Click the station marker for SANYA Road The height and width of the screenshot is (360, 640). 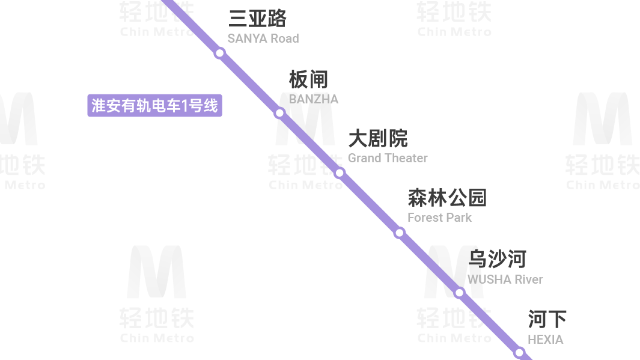pos(220,53)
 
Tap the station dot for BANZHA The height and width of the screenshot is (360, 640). pos(279,112)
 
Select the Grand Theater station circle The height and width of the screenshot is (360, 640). pos(340,173)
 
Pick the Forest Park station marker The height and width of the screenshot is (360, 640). pos(399,233)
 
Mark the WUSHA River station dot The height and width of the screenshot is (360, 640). pos(459,293)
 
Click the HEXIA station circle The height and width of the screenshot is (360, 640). pos(519,352)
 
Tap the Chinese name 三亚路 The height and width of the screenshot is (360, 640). pos(257,19)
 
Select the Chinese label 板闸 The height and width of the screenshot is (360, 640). pos(308,79)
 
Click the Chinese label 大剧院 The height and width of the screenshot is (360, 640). pos(378,139)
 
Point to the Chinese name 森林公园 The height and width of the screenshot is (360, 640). pos(447,198)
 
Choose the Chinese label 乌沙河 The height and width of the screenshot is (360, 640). pos(497,259)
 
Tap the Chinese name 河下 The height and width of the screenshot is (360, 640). pos(547,319)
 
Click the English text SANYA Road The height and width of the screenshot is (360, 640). pos(263,38)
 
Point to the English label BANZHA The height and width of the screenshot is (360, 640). pos(314,99)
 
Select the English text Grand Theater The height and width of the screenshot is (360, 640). pos(388,158)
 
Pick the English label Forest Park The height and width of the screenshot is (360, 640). pos(439,218)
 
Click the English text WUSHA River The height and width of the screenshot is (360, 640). pos(505,279)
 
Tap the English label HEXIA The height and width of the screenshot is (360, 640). pos(545,340)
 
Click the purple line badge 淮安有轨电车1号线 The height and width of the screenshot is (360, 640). pos(154,106)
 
